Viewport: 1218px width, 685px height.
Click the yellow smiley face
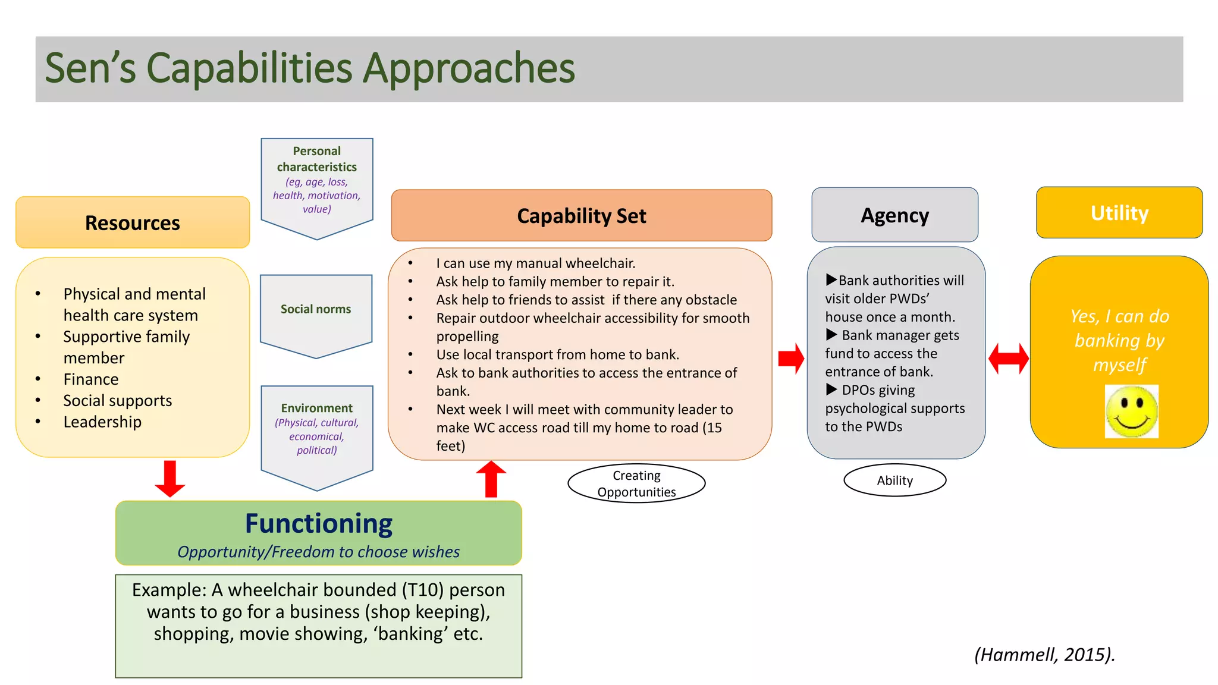(1131, 411)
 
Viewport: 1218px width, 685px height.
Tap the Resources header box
(133, 222)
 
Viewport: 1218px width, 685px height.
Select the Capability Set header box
(581, 216)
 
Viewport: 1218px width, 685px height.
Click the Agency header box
(894, 215)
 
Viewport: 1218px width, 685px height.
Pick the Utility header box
(1119, 213)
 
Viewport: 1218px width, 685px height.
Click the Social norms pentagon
(316, 313)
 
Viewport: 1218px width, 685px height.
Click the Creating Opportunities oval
(636, 483)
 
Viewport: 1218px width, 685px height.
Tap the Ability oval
(894, 480)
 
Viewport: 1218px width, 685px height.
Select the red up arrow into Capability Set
(491, 479)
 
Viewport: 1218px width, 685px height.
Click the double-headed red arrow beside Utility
(1008, 359)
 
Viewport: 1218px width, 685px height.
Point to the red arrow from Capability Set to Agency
(791, 358)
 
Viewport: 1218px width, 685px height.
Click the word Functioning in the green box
(319, 524)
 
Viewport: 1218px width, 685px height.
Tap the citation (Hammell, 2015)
(1044, 655)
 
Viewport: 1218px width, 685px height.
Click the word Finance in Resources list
(91, 379)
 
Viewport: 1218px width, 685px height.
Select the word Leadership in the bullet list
(102, 422)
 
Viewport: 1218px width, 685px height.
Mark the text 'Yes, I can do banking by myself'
(1119, 340)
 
